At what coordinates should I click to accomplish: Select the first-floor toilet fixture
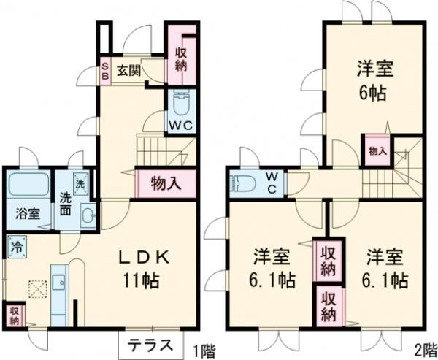click(180, 101)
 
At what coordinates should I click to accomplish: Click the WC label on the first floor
click(180, 125)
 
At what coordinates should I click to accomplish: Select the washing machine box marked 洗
click(82, 180)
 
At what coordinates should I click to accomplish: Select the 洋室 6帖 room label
click(374, 80)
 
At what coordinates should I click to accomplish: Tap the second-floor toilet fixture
click(242, 183)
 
